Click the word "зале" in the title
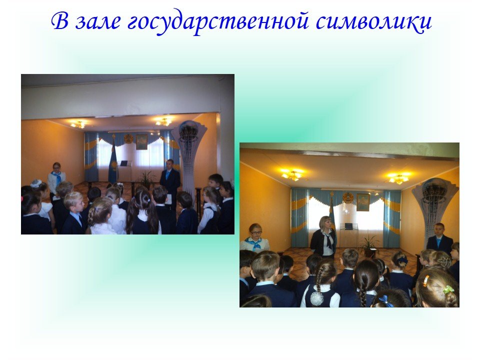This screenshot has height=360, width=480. [x=97, y=21]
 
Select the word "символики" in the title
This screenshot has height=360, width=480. [x=373, y=22]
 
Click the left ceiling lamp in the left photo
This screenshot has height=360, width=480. [x=78, y=124]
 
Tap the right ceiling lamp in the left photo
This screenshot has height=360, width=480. [x=163, y=122]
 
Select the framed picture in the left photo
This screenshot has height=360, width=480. [x=141, y=142]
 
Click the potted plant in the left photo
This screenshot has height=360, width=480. [x=146, y=179]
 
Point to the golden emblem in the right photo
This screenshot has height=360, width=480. [x=347, y=198]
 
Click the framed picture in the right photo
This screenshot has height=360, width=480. [x=363, y=202]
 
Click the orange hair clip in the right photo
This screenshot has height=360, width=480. [x=426, y=280]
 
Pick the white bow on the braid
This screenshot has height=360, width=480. [x=317, y=298]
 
